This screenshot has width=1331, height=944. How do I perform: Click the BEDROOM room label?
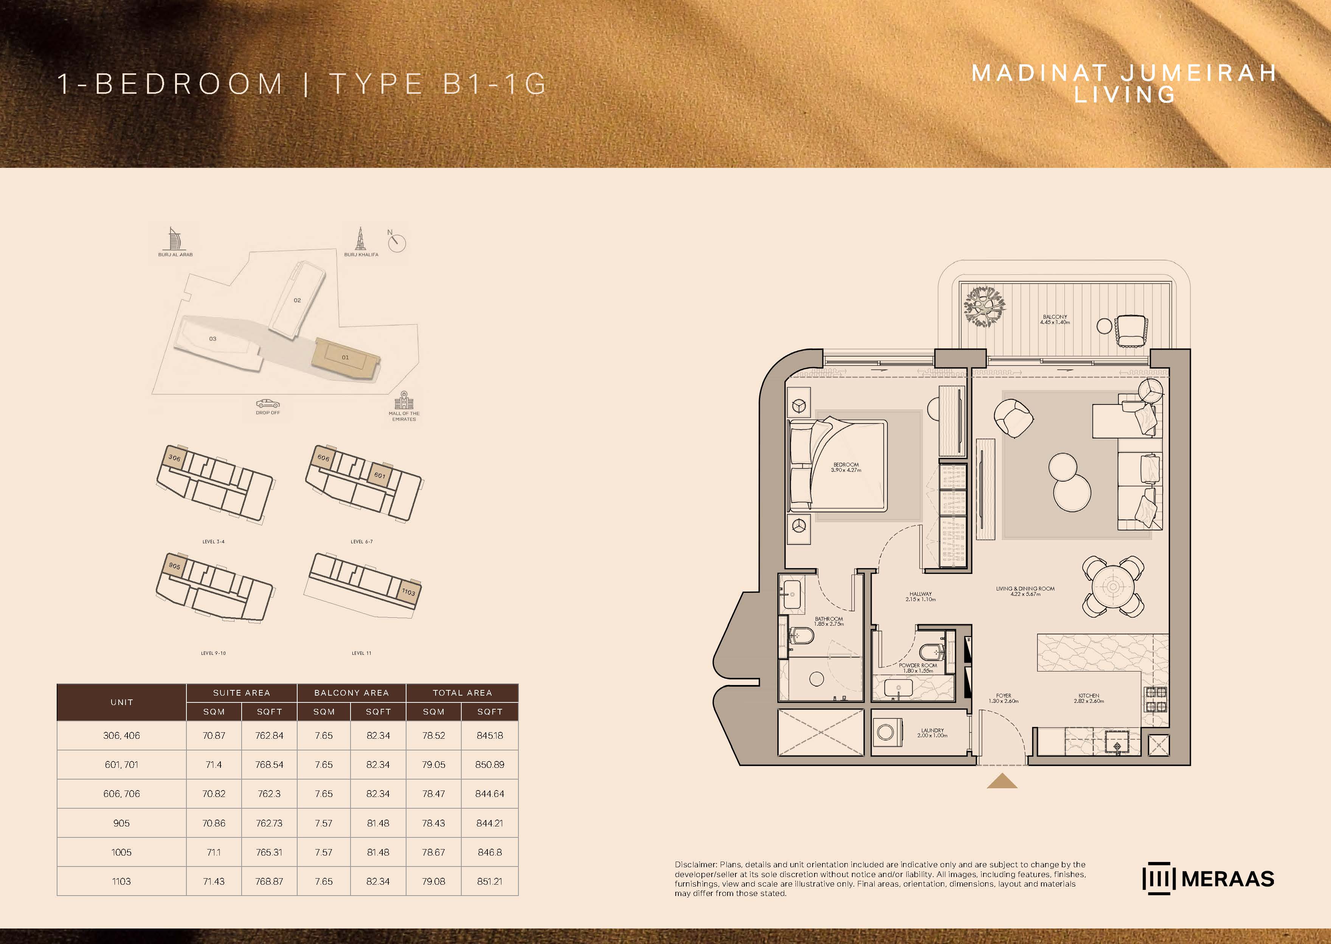tap(846, 465)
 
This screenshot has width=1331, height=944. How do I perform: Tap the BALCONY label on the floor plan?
tap(1055, 317)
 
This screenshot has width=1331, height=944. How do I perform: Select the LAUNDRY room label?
tap(932, 730)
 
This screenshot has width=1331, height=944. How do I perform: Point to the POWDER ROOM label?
tap(918, 665)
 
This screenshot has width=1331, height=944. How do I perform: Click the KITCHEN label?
tap(1089, 695)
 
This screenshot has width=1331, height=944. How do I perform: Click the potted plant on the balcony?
tap(984, 306)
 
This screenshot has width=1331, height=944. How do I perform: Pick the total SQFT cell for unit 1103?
tap(489, 881)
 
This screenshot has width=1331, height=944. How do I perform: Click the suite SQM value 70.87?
tap(214, 735)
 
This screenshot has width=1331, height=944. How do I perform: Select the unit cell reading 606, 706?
tap(121, 794)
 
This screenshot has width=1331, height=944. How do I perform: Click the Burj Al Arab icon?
tap(173, 238)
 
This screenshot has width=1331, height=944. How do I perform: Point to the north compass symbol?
tap(397, 242)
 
